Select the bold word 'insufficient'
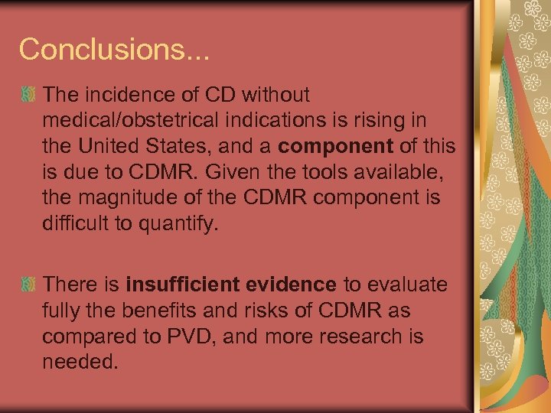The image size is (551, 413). click(177, 285)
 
